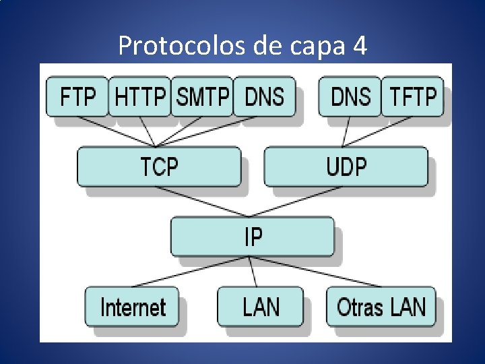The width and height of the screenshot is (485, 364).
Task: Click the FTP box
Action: coord(77,97)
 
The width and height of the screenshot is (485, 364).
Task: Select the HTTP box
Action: coord(139,97)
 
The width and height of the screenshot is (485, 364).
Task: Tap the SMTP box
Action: coord(202,97)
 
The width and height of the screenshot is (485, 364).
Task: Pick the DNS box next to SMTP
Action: coord(264,97)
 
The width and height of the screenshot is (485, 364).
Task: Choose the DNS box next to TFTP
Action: coord(350,97)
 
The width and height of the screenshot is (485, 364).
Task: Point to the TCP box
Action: coord(159,166)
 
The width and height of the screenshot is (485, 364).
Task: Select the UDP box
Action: coord(346,166)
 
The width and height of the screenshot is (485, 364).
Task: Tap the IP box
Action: coord(253,236)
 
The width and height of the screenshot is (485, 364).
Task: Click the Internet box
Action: coord(133,307)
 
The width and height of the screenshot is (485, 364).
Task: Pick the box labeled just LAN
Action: coord(260,307)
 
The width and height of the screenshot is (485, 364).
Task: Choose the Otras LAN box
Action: coord(381,307)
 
